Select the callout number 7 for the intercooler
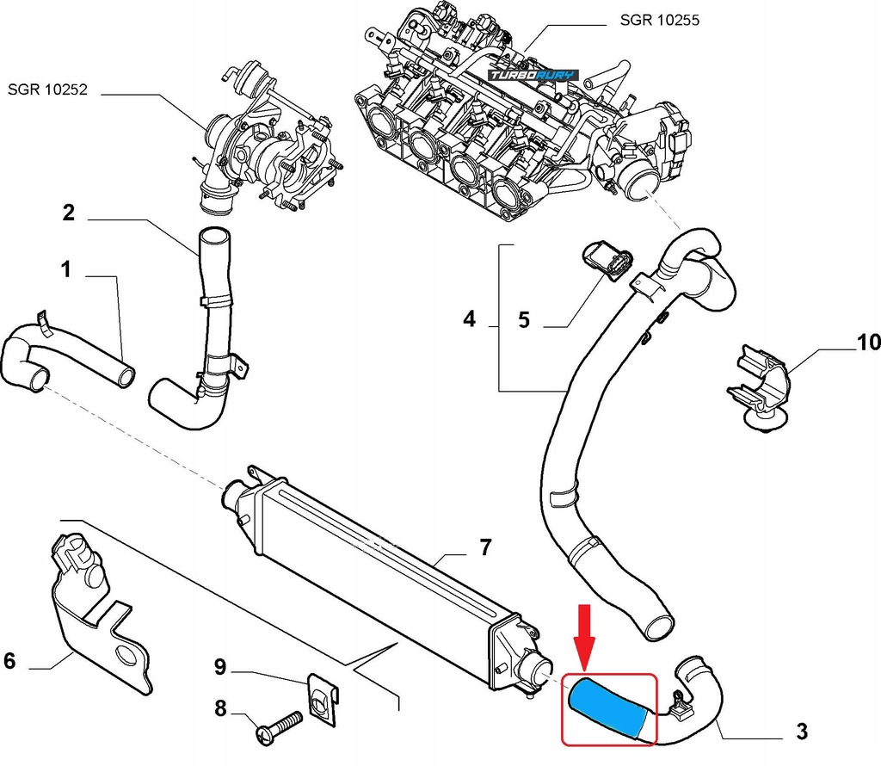pos(485,547)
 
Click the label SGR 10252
pos(48,89)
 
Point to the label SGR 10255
pos(659,20)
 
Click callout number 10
pos(868,343)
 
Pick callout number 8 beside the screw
pos(220,708)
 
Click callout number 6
pos(9,661)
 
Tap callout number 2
pos(69,213)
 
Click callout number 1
pos(65,270)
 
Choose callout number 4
pos(469,320)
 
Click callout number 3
pos(802,732)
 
